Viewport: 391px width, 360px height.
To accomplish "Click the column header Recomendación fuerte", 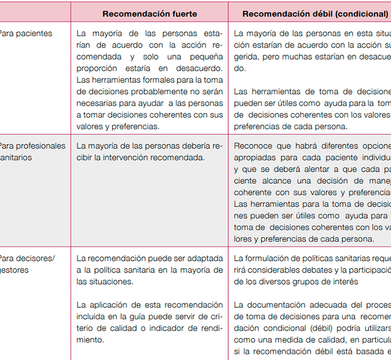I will click(149, 13).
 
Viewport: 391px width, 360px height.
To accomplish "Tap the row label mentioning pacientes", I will click(25, 34).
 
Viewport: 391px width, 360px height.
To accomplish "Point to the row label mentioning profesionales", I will click(32, 146).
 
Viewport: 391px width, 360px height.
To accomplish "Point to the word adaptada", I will click(199, 259).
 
